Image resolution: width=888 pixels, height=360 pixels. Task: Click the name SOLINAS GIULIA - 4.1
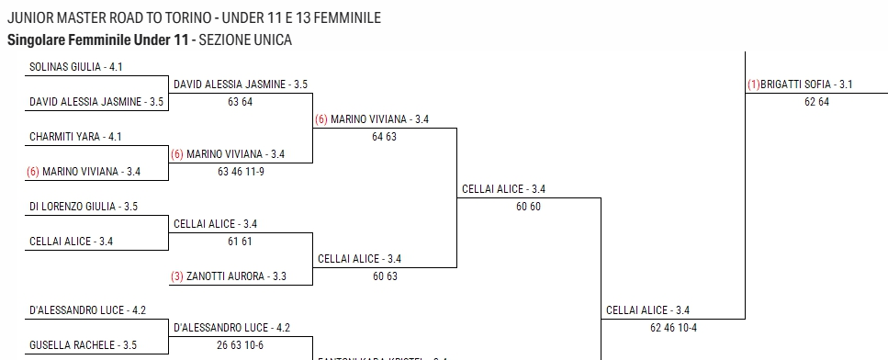(x=76, y=67)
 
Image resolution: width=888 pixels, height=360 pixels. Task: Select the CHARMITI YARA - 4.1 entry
(x=75, y=137)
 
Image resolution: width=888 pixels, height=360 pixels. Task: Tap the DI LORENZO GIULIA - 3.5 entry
(x=84, y=207)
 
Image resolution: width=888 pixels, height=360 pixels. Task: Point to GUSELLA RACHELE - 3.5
(x=84, y=345)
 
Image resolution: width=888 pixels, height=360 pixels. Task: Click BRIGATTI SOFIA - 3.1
(x=807, y=84)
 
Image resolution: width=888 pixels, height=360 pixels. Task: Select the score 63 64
(x=240, y=102)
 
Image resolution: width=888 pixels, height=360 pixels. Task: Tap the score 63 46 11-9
(x=241, y=172)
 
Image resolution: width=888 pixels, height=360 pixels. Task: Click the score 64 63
(x=384, y=137)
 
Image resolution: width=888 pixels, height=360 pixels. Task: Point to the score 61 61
(x=240, y=242)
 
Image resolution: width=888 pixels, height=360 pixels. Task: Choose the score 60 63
(x=384, y=276)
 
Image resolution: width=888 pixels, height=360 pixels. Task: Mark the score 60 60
(x=528, y=207)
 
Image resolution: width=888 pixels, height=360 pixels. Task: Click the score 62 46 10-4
(x=672, y=328)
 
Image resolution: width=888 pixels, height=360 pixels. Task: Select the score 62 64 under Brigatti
(x=816, y=102)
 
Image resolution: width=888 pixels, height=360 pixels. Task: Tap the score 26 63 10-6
(x=241, y=345)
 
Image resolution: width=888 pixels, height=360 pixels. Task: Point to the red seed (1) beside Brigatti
(x=754, y=84)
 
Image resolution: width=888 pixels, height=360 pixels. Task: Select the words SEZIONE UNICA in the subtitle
(x=245, y=40)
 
